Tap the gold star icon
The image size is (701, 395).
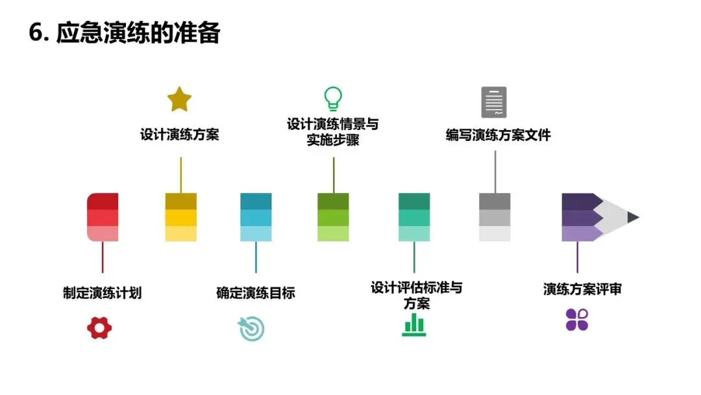pos(179,99)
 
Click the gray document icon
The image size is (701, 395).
pos(494,102)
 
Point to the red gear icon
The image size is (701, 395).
pos(99,327)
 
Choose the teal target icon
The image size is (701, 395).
pos(252,329)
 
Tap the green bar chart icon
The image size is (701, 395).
pos(413,324)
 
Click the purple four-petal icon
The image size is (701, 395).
pos(576,320)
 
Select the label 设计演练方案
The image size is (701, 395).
pos(180,135)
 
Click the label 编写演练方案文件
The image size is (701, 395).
pos(498,135)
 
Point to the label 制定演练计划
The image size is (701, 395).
pos(102,293)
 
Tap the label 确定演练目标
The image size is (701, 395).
pos(255,293)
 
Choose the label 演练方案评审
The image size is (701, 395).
pos(582,289)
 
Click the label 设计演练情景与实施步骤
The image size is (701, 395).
pos(333,132)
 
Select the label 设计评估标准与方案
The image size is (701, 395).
pos(416,295)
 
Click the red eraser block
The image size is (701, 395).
pos(103,217)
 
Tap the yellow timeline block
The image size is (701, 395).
pos(180,217)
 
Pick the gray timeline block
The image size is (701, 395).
pos(495,217)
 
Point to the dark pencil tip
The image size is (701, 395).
pos(633,217)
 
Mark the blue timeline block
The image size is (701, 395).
pos(256,217)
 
